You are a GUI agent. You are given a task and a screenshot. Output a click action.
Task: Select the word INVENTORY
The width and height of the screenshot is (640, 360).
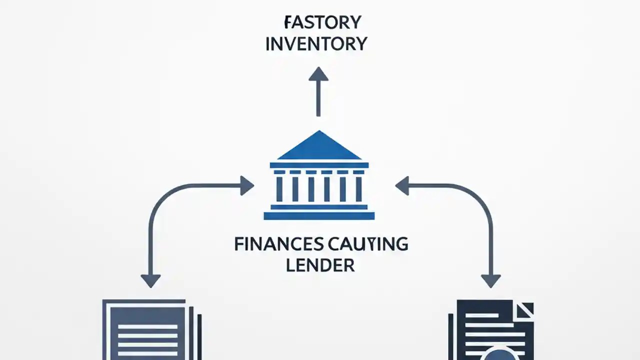pos(316,44)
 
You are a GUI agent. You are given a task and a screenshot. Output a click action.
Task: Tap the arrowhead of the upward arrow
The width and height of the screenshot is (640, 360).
pos(318,74)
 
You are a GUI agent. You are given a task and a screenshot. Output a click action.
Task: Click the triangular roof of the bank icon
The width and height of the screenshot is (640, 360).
pos(319,148)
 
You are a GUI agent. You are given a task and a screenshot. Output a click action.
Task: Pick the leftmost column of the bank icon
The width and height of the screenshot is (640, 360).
pos(279,188)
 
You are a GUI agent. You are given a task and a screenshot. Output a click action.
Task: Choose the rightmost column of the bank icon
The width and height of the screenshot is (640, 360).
pos(358,188)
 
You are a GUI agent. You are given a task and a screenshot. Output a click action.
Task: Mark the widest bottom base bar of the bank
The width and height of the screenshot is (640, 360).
pos(319,215)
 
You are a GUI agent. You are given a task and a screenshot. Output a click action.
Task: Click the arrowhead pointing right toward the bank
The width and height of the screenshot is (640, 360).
pos(246,185)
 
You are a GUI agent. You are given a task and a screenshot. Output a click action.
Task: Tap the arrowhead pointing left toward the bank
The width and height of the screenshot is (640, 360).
pos(402,185)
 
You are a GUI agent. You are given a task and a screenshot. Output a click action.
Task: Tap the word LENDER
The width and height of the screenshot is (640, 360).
pos(320,265)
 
